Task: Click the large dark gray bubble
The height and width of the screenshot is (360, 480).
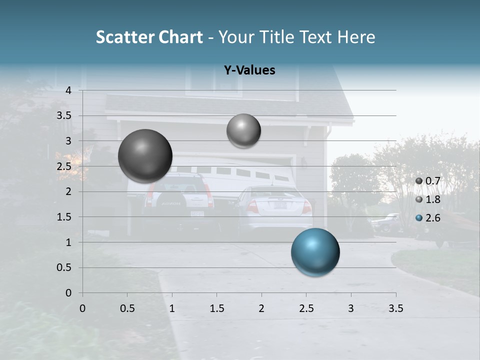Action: pyautogui.click(x=145, y=156)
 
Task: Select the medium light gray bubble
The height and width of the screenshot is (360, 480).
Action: pyautogui.click(x=243, y=130)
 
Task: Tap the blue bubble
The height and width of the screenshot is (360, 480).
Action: pyautogui.click(x=315, y=252)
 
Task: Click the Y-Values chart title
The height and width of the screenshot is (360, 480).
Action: pyautogui.click(x=249, y=70)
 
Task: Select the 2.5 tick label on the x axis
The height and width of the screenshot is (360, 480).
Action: pyautogui.click(x=306, y=308)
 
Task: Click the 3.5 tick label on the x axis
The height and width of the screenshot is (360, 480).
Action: pyautogui.click(x=395, y=308)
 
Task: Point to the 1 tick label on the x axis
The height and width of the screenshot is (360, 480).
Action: pyautogui.click(x=172, y=308)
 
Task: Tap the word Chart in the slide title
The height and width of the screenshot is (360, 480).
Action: pyautogui.click(x=180, y=37)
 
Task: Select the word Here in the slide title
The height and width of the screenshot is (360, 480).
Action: pyautogui.click(x=356, y=37)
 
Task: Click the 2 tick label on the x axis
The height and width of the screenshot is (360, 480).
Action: pyautogui.click(x=261, y=308)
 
